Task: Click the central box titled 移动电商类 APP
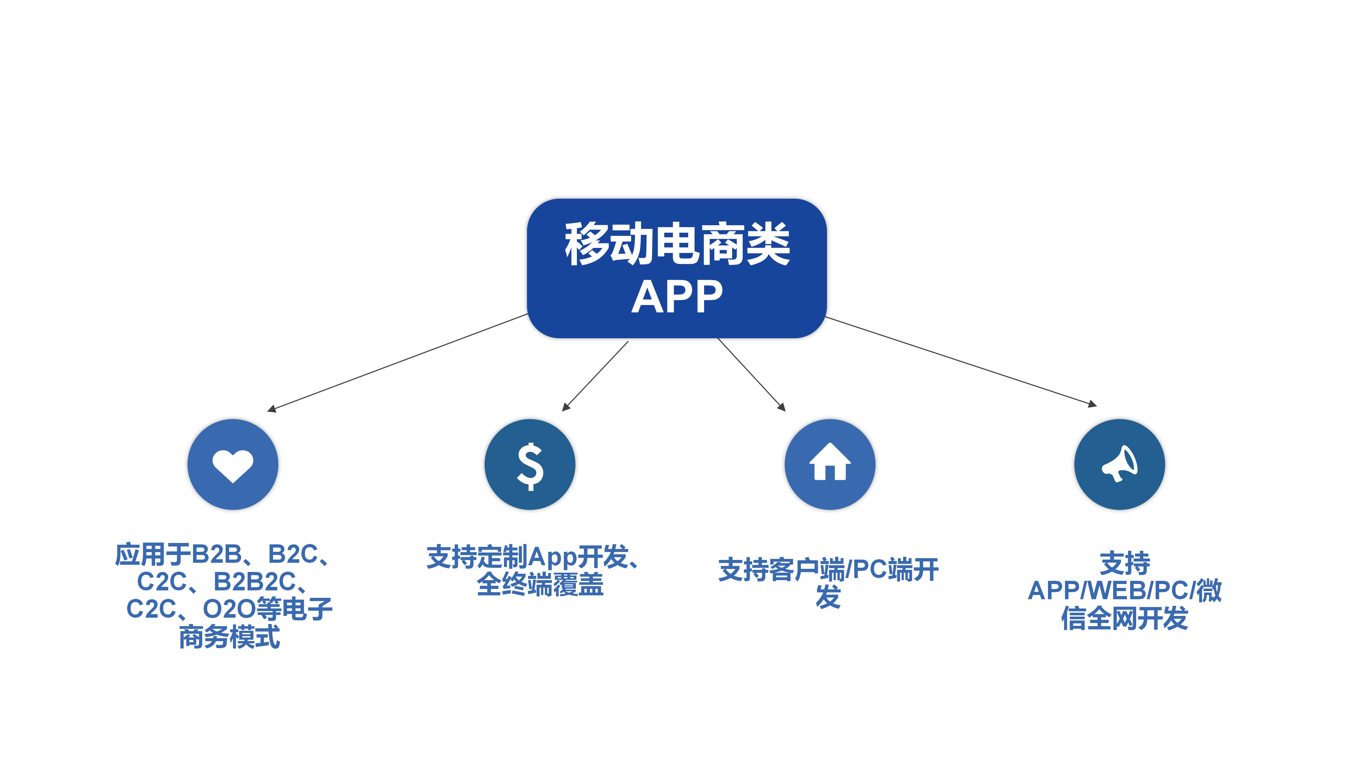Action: tap(676, 268)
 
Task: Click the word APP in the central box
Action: tap(677, 297)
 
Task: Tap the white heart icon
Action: tap(233, 466)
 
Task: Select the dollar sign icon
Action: tap(530, 467)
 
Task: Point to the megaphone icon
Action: tap(1119, 464)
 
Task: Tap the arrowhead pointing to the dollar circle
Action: tap(566, 407)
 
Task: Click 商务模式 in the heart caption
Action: tap(229, 637)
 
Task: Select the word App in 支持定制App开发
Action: tap(552, 557)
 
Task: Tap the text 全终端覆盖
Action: tap(540, 584)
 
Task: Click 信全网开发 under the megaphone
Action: tap(1124, 618)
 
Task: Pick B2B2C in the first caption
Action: tap(255, 582)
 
